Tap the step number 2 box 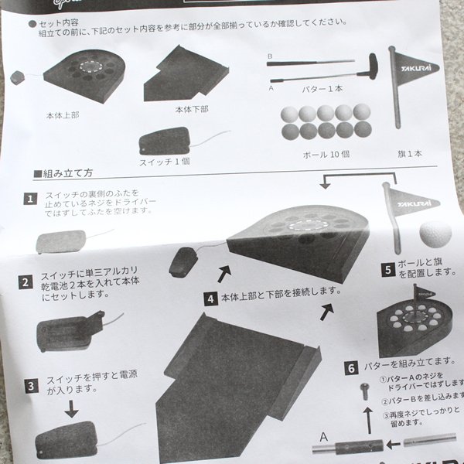pos(26,283)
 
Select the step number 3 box pos(30,384)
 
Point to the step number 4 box pos(210,297)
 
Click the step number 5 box pos(387,270)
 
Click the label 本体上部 pos(63,114)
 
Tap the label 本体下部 pos(191,110)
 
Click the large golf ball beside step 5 pos(434,233)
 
